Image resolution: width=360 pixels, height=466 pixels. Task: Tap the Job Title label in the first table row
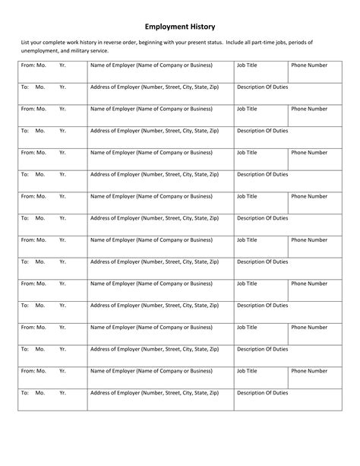(x=248, y=65)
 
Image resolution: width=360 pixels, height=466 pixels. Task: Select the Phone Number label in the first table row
(x=309, y=65)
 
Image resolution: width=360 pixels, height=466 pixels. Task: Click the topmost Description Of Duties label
(x=263, y=87)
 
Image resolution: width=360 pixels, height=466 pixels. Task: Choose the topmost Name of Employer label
(x=151, y=65)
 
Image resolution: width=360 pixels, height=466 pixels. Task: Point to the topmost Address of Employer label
(x=155, y=87)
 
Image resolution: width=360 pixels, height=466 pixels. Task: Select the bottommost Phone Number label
(x=309, y=371)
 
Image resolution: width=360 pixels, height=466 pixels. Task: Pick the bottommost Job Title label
(x=248, y=371)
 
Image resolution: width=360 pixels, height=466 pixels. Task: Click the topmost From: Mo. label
(x=34, y=65)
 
